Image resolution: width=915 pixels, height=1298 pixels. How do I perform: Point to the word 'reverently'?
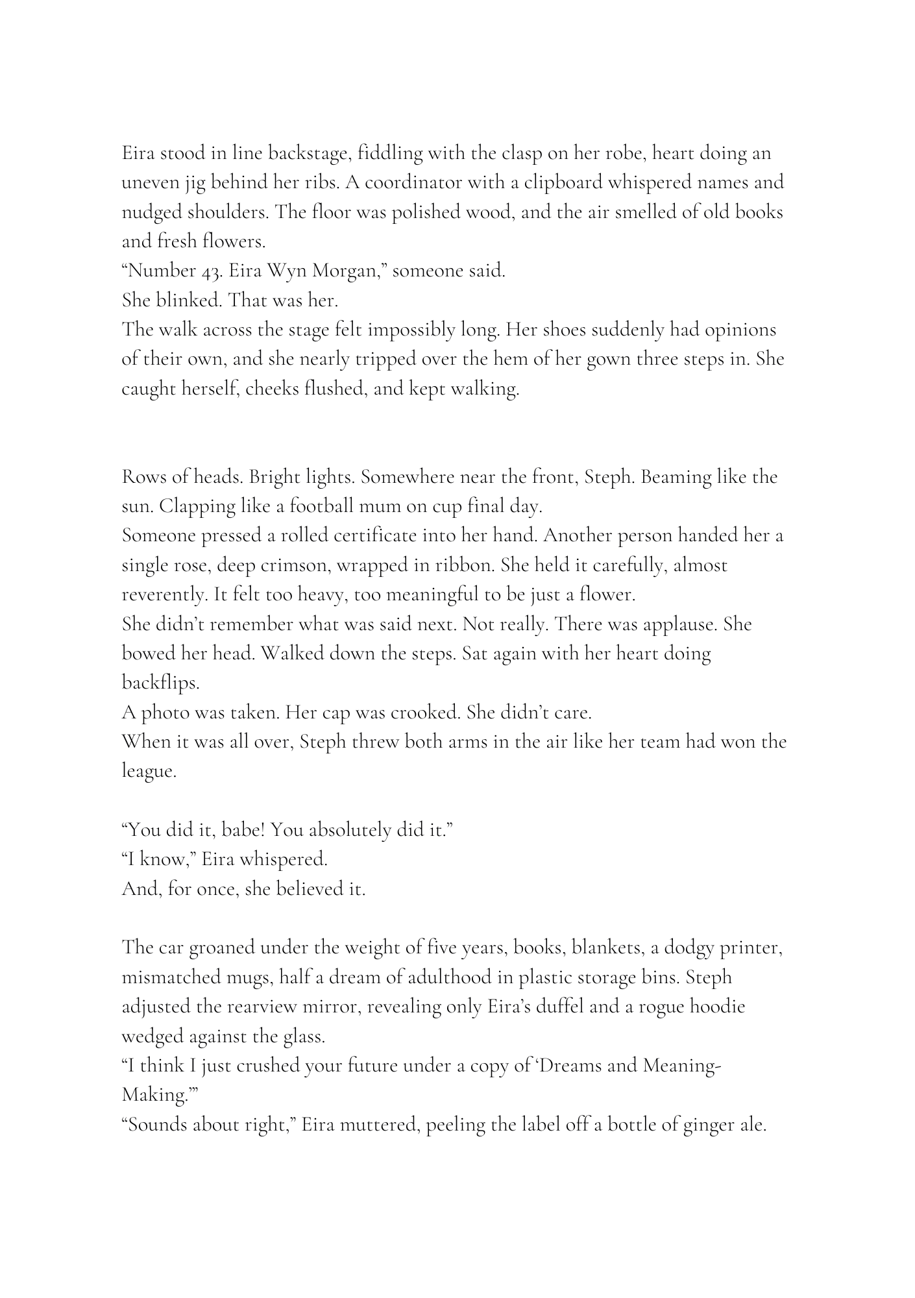pyautogui.click(x=164, y=594)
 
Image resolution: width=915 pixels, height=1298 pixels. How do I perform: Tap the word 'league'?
pyautogui.click(x=149, y=771)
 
